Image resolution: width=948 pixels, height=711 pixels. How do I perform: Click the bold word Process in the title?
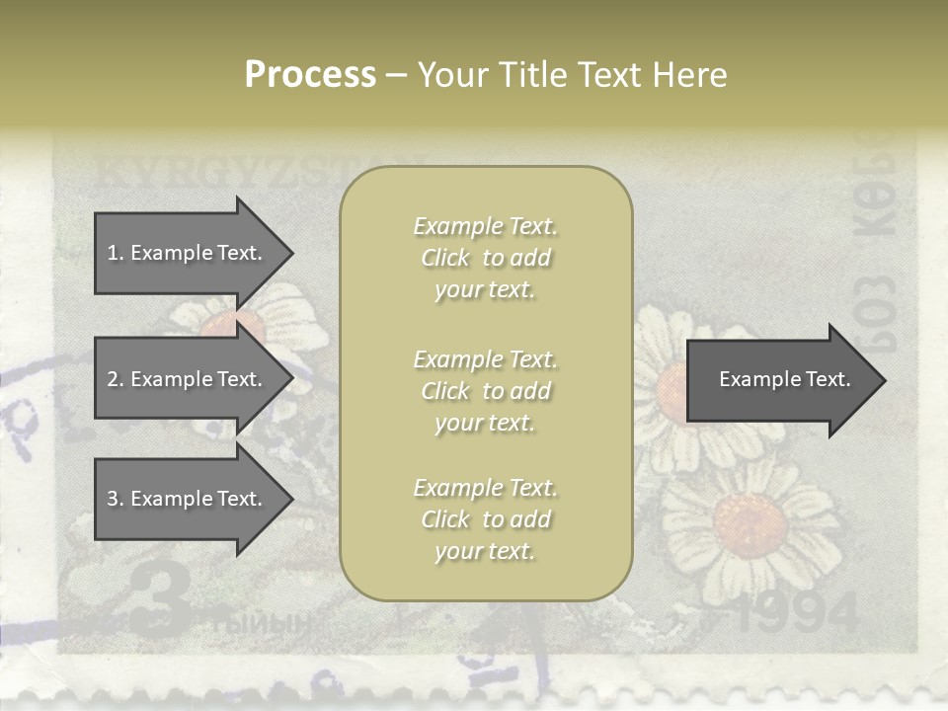pos(310,75)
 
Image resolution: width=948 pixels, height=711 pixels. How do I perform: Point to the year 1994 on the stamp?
pos(798,614)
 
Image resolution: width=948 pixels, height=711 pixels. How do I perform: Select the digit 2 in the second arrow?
pos(112,379)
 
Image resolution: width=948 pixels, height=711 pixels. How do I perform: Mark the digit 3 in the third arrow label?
pos(112,499)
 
